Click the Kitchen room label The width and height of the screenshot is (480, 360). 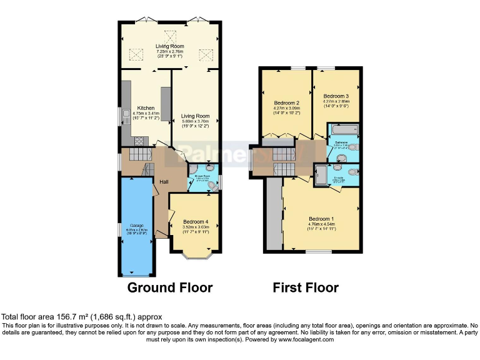pyautogui.click(x=146, y=107)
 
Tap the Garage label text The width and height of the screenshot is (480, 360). pyautogui.click(x=136, y=225)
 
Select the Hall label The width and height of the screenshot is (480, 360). pyautogui.click(x=164, y=182)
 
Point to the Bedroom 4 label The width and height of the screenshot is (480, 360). pyautogui.click(x=195, y=222)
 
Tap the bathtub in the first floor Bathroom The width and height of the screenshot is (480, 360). pyautogui.click(x=343, y=129)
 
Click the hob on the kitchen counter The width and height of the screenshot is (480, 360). pyautogui.click(x=139, y=140)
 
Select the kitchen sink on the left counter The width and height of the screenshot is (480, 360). pyautogui.click(x=126, y=114)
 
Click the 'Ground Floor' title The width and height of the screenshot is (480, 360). pyautogui.click(x=169, y=288)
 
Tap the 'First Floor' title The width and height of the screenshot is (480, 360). pyautogui.click(x=305, y=288)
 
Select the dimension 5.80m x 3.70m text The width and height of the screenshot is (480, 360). pyautogui.click(x=195, y=122)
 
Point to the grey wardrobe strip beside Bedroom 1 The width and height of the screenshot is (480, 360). pyautogui.click(x=273, y=216)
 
